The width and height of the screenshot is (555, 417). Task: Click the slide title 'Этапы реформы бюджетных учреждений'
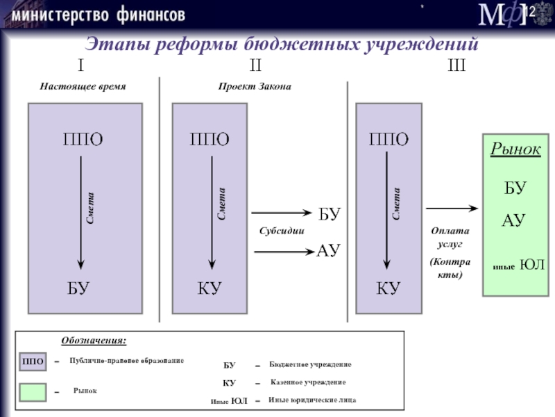coord(282,45)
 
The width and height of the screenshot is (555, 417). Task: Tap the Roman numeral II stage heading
coord(255,66)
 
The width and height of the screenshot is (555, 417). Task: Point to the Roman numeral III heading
coord(456,66)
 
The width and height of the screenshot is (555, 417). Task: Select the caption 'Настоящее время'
coord(83,85)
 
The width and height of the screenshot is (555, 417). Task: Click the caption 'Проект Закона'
coord(255,85)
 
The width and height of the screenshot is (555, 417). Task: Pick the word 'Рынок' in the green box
coord(515,149)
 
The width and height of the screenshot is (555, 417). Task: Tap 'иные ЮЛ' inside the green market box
coord(518,265)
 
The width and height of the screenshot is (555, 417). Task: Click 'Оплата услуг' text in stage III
coord(450,238)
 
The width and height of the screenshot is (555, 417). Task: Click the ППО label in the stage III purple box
coord(389,139)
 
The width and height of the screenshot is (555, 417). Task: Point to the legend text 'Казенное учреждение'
coord(307,383)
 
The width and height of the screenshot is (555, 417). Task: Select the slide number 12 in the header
coord(527,12)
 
